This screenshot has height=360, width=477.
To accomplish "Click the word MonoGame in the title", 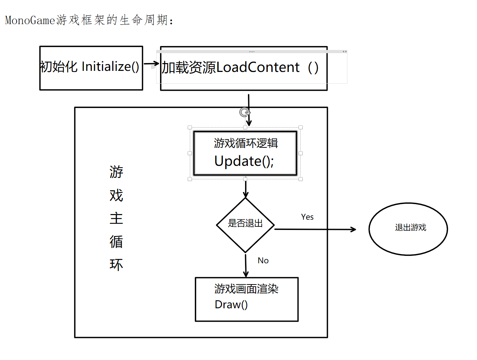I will pos(30,20).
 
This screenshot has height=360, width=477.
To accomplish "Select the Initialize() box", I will pos(91,68).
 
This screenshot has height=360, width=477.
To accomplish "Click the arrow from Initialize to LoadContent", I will pos(151,64).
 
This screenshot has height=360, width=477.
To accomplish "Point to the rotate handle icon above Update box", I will pos(244,112).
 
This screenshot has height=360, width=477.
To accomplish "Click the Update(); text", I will pos(244,161).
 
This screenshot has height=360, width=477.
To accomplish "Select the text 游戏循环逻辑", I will pos(246,143).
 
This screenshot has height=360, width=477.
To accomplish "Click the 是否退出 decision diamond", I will pos(245,224).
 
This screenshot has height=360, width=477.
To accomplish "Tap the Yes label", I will pos(307,217).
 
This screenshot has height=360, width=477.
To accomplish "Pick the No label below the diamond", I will pos(263,260).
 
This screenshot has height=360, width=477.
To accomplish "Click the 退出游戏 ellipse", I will pos(408,229).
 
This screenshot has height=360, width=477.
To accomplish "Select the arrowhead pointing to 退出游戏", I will pos(353,229).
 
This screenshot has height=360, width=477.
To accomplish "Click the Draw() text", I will pos(231,304).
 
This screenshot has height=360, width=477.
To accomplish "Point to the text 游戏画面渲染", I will pos(246,289).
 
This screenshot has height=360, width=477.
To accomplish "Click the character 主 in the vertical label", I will pos(116,218).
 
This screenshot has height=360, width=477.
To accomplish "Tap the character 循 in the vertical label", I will pos(116,242).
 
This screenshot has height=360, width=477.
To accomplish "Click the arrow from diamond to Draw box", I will pos(246,265).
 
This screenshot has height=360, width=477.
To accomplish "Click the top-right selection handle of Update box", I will pos(301,128).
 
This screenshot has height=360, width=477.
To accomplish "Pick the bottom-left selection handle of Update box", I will pos(190,179).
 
